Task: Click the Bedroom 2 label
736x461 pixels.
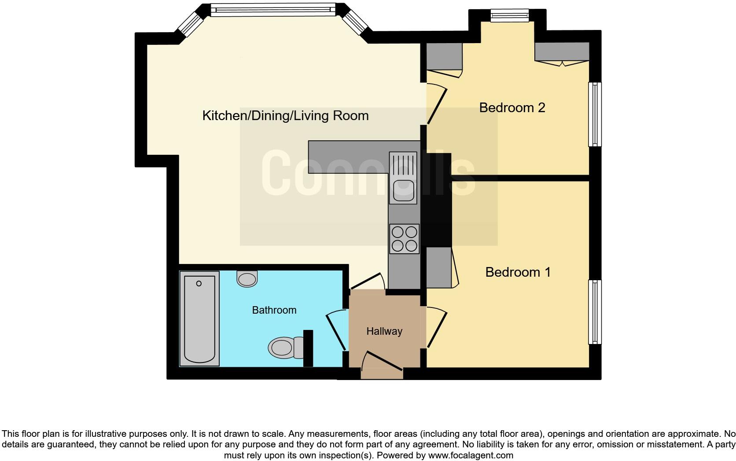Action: [x=512, y=108]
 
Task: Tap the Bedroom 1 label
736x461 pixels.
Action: [x=518, y=272]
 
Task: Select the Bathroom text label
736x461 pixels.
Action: [x=274, y=311]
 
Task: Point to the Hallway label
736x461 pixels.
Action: [x=384, y=331]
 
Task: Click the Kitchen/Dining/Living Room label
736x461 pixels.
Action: [x=285, y=116]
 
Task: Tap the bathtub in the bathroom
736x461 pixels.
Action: [x=199, y=318]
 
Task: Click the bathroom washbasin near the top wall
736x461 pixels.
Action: [x=247, y=279]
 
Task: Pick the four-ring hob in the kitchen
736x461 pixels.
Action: [x=404, y=239]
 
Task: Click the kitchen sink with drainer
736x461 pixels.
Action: [x=403, y=178]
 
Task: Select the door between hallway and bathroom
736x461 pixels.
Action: [x=336, y=330]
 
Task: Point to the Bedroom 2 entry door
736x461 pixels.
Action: [x=436, y=105]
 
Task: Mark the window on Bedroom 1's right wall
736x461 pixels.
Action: [x=595, y=312]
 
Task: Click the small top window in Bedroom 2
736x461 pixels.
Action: [x=509, y=16]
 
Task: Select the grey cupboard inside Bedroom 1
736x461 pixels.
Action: [x=439, y=267]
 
